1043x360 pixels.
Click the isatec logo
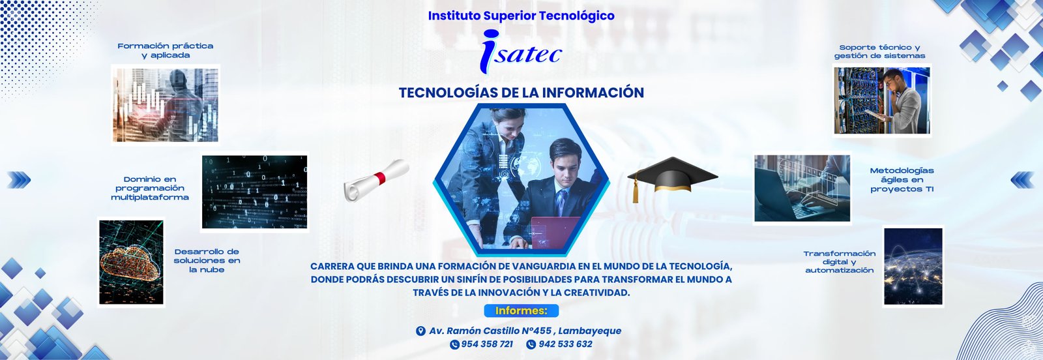[521, 52]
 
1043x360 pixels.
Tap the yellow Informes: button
[521, 310]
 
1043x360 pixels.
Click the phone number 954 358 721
[482, 344]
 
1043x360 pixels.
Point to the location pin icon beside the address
[420, 331]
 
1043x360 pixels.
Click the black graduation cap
[672, 177]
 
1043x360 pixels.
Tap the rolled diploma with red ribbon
[376, 180]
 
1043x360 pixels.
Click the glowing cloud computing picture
[131, 262]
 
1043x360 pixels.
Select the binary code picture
[255, 192]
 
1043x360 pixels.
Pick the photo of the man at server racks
[882, 100]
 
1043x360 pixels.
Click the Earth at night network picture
[913, 266]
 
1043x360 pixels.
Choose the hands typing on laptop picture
[802, 188]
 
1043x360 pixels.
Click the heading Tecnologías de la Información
[521, 93]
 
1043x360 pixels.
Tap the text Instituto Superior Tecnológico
[521, 16]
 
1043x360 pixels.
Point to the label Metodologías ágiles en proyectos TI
[902, 180]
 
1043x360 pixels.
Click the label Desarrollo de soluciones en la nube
[207, 261]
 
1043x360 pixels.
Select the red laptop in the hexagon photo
[555, 232]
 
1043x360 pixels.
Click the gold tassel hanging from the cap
[635, 190]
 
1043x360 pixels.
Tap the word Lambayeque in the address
[589, 331]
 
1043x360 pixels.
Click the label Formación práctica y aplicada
[166, 50]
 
